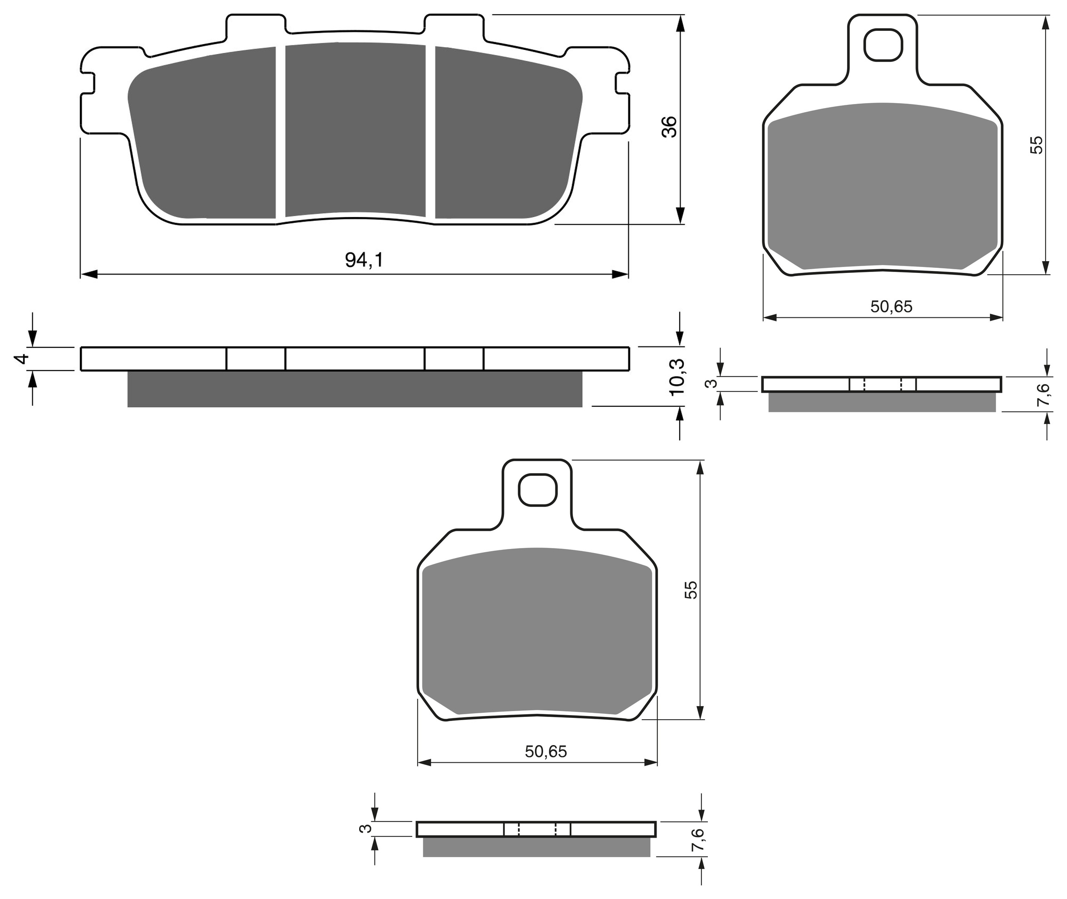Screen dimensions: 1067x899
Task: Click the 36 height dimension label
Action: pos(669,127)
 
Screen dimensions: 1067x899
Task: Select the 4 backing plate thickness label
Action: pos(21,359)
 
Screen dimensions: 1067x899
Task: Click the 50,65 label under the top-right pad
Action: pos(891,307)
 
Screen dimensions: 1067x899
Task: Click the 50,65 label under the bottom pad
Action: pos(546,752)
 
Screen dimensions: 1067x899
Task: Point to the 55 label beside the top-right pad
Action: pos(1036,145)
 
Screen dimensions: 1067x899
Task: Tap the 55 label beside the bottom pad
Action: pos(691,589)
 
